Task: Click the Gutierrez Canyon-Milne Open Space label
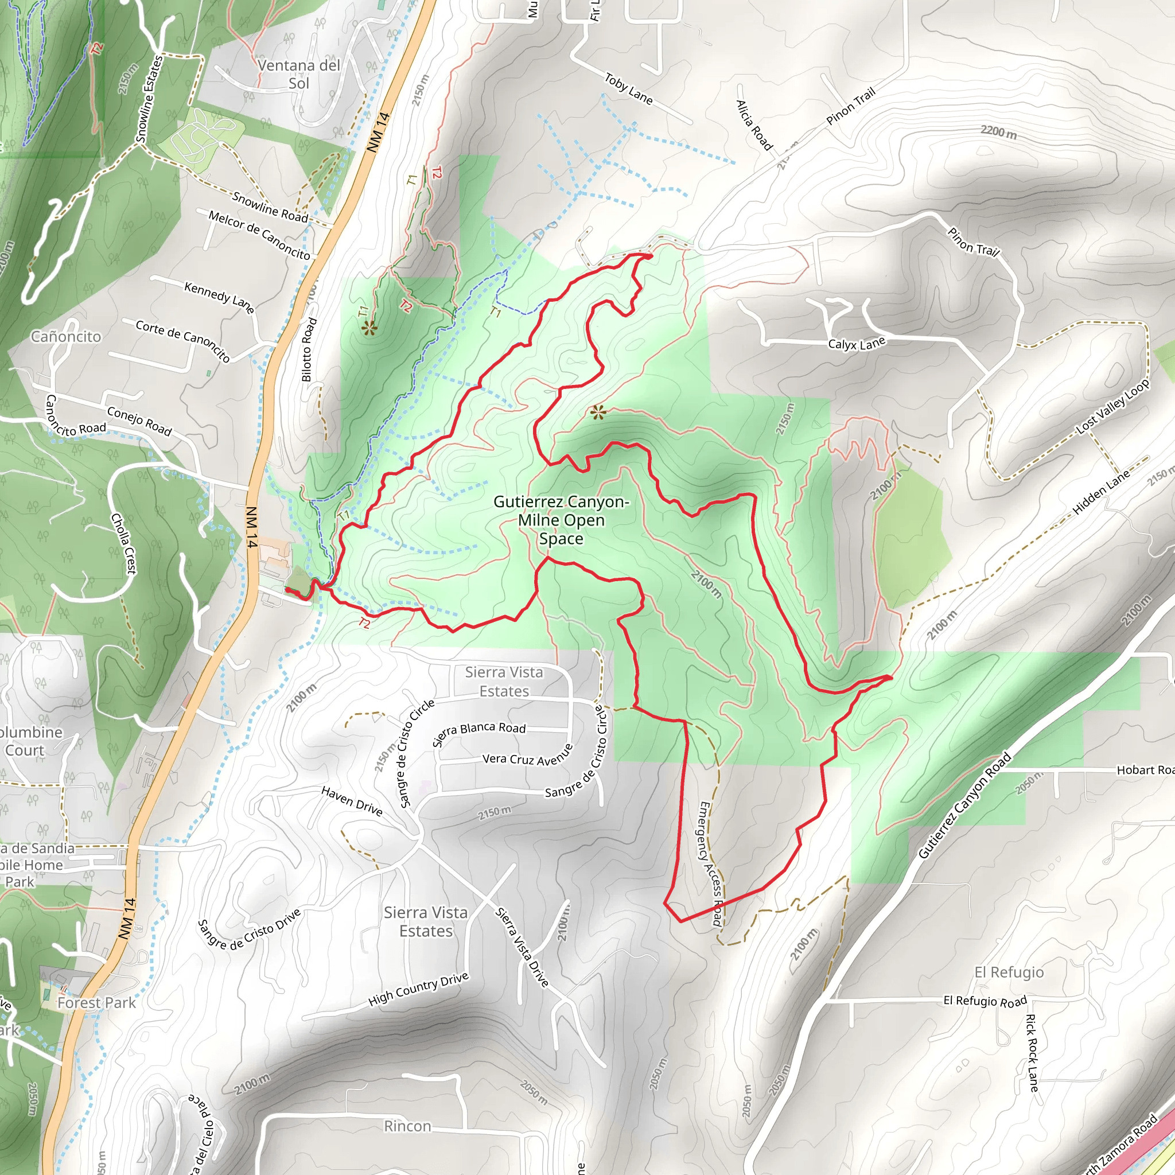[561, 520]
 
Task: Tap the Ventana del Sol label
[298, 74]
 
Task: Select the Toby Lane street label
[628, 89]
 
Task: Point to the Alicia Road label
[754, 125]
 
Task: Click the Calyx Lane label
[857, 344]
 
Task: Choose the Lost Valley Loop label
[1113, 406]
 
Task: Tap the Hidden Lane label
[1101, 493]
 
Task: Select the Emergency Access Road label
[710, 863]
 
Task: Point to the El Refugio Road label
[985, 1001]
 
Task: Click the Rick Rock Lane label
[1032, 1052]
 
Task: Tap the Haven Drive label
[352, 801]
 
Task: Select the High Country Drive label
[418, 989]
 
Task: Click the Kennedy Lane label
[219, 297]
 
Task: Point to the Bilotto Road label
[310, 350]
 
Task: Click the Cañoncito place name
[65, 336]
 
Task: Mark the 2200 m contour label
[998, 131]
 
